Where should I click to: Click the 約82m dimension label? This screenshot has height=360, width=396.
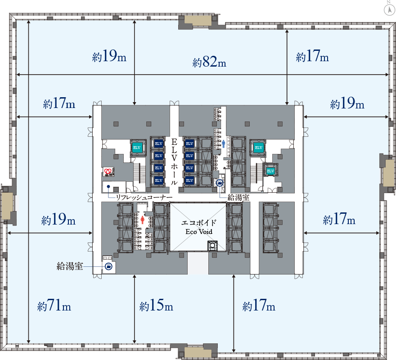(209, 62)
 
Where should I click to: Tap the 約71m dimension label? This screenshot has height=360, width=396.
(54, 306)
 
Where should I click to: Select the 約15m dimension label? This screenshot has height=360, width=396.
(156, 306)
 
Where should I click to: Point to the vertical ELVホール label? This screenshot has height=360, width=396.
(174, 162)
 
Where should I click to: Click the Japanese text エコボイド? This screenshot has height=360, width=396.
(199, 223)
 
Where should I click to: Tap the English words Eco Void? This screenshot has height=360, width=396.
(199, 232)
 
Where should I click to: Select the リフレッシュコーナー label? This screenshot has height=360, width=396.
(144, 197)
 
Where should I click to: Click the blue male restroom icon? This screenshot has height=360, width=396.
(223, 144)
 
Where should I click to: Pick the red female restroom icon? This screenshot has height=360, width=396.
(143, 220)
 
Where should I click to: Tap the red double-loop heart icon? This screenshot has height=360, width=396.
(108, 171)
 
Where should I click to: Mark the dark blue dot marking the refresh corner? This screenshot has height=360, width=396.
(108, 186)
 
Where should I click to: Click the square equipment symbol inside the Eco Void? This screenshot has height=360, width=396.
(212, 245)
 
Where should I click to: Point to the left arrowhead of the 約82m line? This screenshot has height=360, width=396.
(18, 75)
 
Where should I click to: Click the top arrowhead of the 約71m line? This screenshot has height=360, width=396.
(28, 22)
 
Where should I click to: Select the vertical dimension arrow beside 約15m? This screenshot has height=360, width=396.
(135, 309)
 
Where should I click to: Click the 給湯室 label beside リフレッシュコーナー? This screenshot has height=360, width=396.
(238, 197)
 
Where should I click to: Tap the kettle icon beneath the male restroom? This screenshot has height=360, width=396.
(220, 183)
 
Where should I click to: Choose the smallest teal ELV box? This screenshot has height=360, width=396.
(270, 171)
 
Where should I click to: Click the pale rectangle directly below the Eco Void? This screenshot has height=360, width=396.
(198, 263)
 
